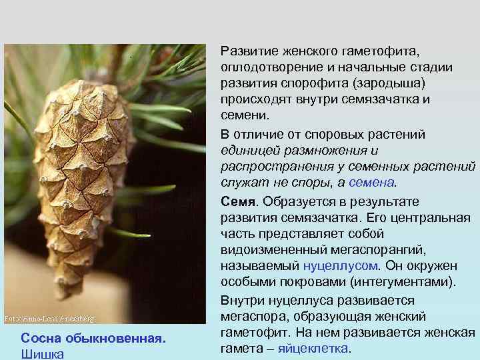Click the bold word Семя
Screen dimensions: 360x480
pos(239,201)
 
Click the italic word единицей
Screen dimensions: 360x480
pos(246,150)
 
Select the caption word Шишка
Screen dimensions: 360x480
pos(43,354)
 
